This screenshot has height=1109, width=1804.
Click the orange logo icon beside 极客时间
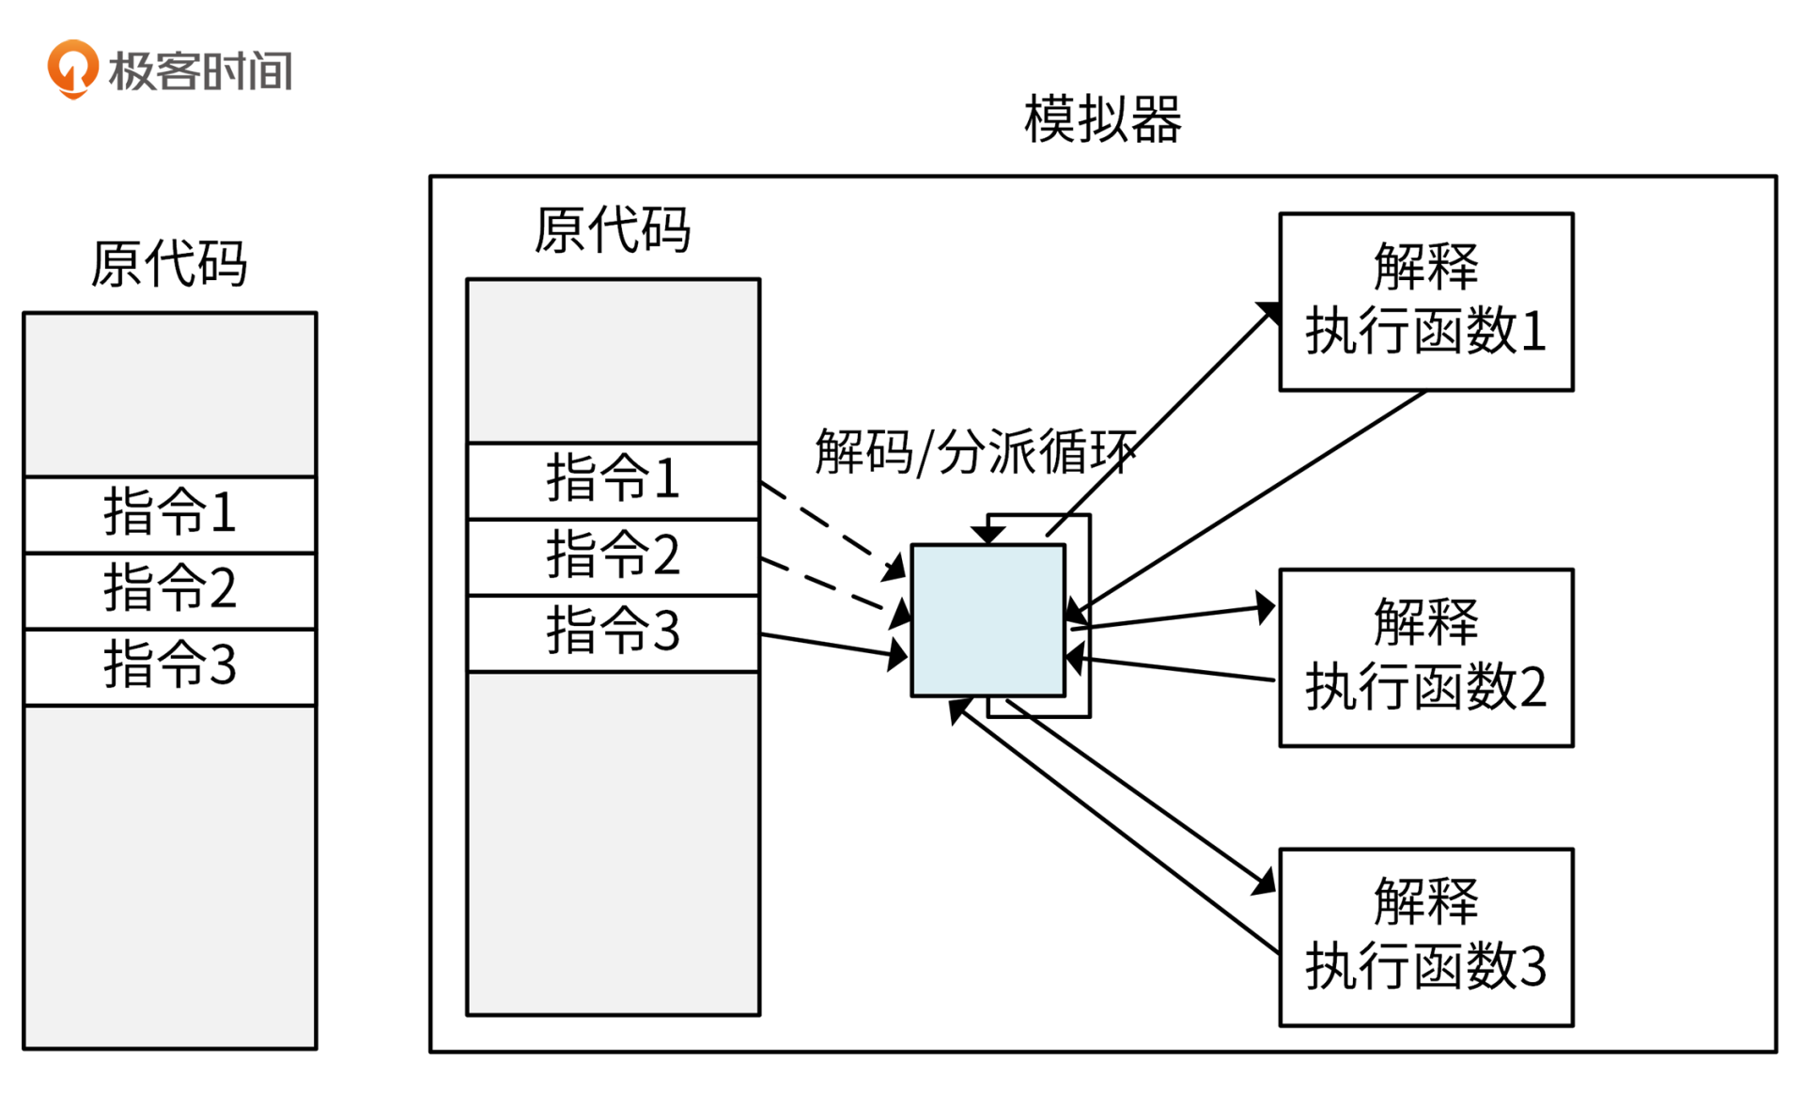(x=72, y=69)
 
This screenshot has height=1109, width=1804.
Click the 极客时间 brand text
(x=200, y=71)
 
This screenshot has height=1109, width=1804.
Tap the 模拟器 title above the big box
(x=1102, y=119)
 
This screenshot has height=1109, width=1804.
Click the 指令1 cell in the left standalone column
(x=169, y=513)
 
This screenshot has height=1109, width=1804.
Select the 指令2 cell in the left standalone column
(x=169, y=589)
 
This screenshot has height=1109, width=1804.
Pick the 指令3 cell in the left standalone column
(x=169, y=665)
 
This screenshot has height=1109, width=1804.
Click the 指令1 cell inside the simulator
(x=613, y=479)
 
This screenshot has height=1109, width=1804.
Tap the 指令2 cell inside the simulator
(x=613, y=555)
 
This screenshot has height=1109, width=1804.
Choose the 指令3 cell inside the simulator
(x=613, y=632)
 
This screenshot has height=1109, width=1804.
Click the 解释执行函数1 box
(x=1425, y=301)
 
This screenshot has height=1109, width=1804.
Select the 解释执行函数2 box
(x=1425, y=656)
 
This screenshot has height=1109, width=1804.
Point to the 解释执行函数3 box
(x=1425, y=936)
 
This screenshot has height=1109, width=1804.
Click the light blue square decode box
(x=988, y=620)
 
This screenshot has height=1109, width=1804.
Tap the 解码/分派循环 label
(x=974, y=452)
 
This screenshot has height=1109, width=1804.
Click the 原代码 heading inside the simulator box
(x=613, y=230)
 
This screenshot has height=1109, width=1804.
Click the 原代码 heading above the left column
(x=169, y=264)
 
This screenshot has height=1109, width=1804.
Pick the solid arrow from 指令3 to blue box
(x=827, y=646)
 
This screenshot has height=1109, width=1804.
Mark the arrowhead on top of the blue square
(x=988, y=535)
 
